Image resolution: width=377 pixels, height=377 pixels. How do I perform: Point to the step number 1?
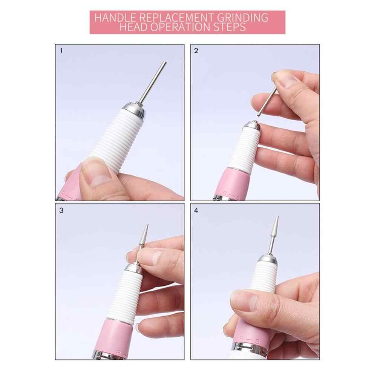pyautogui.click(x=61, y=51)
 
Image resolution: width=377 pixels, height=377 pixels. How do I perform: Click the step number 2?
pyautogui.click(x=196, y=51)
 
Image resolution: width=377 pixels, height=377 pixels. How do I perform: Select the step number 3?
pyautogui.click(x=61, y=210)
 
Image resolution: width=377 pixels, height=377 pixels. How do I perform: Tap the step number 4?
pyautogui.click(x=196, y=211)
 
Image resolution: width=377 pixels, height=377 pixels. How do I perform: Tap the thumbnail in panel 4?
pyautogui.click(x=244, y=300)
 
